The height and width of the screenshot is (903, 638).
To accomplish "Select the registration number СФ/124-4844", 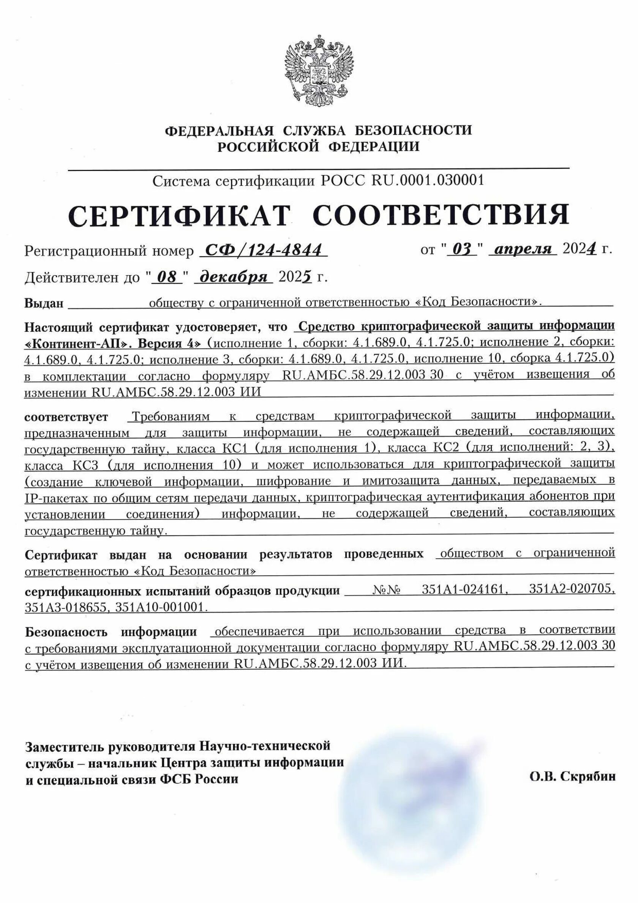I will point(264,250).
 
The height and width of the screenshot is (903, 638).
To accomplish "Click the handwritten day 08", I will point(166,277).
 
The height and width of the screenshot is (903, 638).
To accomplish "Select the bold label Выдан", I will point(44,303).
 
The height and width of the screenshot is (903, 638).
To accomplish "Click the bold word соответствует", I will point(66,417).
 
